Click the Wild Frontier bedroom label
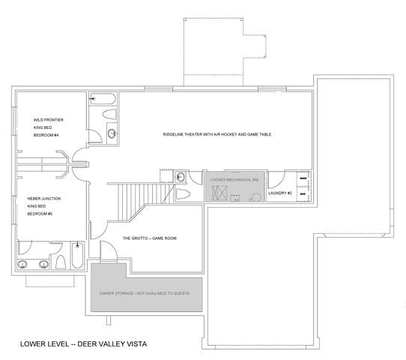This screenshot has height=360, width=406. coord(49,127)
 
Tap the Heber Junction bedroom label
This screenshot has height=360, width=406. coord(44,206)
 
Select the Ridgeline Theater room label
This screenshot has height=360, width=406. coord(217,134)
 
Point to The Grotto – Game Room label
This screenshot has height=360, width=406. coord(150,238)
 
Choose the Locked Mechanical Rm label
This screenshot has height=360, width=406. coord(234,179)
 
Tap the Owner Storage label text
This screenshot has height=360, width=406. coord(145,293)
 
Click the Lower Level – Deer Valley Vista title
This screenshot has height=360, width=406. coord(84,344)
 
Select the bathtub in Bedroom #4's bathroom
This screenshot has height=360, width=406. coord(103,99)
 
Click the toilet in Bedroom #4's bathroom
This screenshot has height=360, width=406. coord(109,114)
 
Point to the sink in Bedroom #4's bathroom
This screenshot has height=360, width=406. coord(112,133)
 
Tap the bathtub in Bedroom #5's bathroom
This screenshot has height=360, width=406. coord(77,256)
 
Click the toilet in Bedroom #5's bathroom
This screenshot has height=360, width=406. coord(61,262)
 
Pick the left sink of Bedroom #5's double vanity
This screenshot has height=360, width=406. coord(22,265)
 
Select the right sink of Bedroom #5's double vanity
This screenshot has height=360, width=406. coord(44,265)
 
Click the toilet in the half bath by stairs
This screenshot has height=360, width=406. coord(183,193)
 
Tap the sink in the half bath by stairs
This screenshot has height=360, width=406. coord(180,177)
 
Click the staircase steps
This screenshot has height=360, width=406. coord(141,199)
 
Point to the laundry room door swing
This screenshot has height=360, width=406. coord(276,180)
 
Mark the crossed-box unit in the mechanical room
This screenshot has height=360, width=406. coord(219,193)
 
